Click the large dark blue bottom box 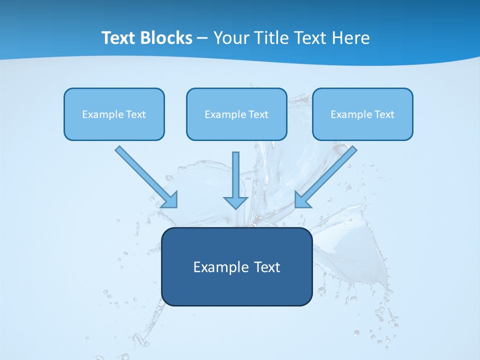[x=236, y=290]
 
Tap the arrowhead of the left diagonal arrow [x=170, y=200]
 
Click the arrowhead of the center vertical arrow [x=235, y=202]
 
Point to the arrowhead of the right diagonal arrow [x=302, y=200]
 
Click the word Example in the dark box [x=218, y=267]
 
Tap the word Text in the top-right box [x=384, y=114]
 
